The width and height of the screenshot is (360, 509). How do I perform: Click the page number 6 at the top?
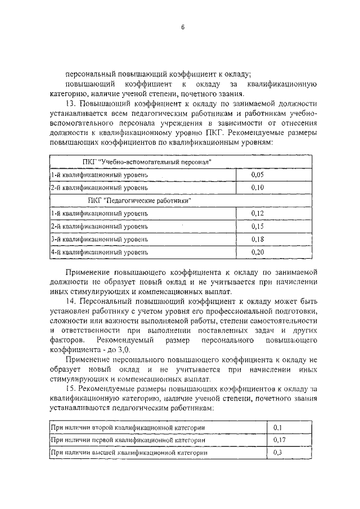183,28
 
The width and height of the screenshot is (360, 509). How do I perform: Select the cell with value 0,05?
257,175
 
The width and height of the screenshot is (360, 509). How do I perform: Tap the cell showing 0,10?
257,187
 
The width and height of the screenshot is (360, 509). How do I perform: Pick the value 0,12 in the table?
257,213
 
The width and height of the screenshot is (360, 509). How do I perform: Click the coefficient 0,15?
257,227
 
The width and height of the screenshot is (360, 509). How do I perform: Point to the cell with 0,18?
257,240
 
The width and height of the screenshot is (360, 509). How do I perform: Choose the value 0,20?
257,253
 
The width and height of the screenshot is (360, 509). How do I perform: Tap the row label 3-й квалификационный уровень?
99,240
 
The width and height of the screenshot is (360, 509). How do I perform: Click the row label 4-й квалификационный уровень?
99,253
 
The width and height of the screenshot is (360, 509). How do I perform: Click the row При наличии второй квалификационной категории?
127,427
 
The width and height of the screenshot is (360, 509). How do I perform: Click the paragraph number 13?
70,104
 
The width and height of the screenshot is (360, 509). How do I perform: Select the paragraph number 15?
70,389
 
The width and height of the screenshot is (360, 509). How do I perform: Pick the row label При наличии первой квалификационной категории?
128,440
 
